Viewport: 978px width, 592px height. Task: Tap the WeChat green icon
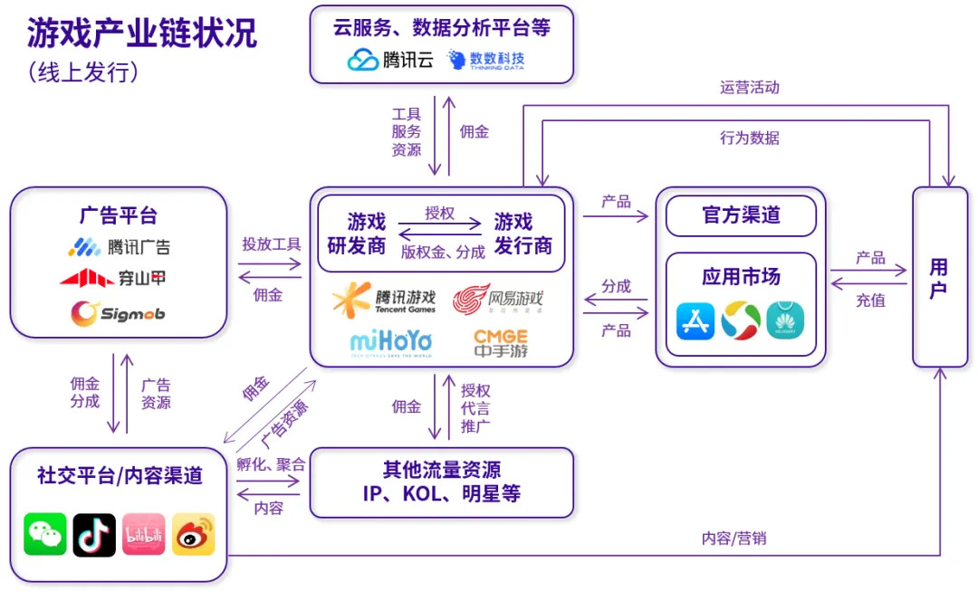[x=45, y=534]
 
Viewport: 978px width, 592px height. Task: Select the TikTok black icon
[x=94, y=534]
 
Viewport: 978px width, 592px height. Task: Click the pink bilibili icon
[x=143, y=534]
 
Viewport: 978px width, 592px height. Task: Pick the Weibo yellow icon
[x=193, y=534]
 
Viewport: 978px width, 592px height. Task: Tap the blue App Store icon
[x=695, y=321]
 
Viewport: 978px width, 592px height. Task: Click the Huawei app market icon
[x=785, y=321]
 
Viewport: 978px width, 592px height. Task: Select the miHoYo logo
[x=390, y=343]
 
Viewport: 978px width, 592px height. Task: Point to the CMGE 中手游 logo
[x=500, y=343]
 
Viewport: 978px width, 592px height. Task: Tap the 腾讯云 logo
[x=391, y=60]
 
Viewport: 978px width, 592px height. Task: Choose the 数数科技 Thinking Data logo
[x=485, y=60]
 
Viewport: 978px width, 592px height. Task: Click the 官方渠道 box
[x=741, y=215]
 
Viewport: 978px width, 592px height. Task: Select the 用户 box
[x=939, y=277]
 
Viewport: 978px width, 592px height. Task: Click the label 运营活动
[x=749, y=88]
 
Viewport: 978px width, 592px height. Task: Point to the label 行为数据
[x=749, y=138]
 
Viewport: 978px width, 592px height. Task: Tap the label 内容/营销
[x=733, y=538]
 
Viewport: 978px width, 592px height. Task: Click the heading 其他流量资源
[x=442, y=470]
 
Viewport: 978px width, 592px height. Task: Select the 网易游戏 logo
[x=499, y=299]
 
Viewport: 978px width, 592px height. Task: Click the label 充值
[x=870, y=300]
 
